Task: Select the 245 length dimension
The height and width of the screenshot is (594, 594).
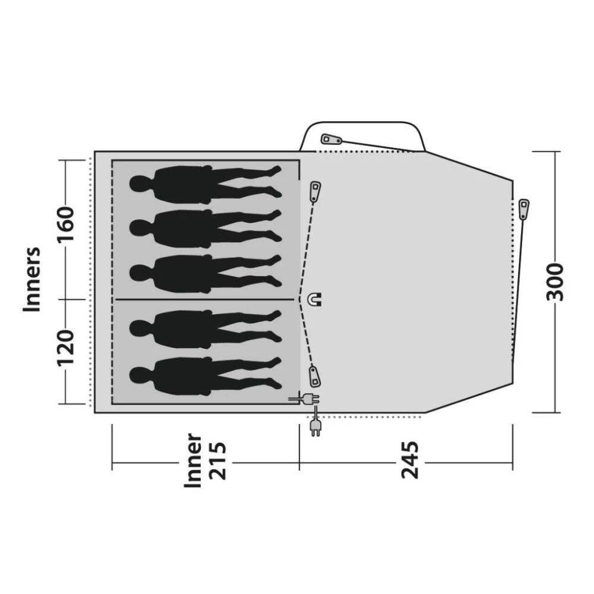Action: point(409,459)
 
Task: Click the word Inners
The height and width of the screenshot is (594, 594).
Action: point(32,279)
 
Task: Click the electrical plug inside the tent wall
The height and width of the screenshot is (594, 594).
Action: point(305,400)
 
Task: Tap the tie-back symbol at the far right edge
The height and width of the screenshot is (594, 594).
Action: point(523,208)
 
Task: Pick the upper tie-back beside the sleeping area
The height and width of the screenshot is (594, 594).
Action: point(315,191)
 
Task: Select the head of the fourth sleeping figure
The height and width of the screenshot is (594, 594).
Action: point(140,326)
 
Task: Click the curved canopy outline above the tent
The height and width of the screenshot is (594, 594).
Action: point(362,123)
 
